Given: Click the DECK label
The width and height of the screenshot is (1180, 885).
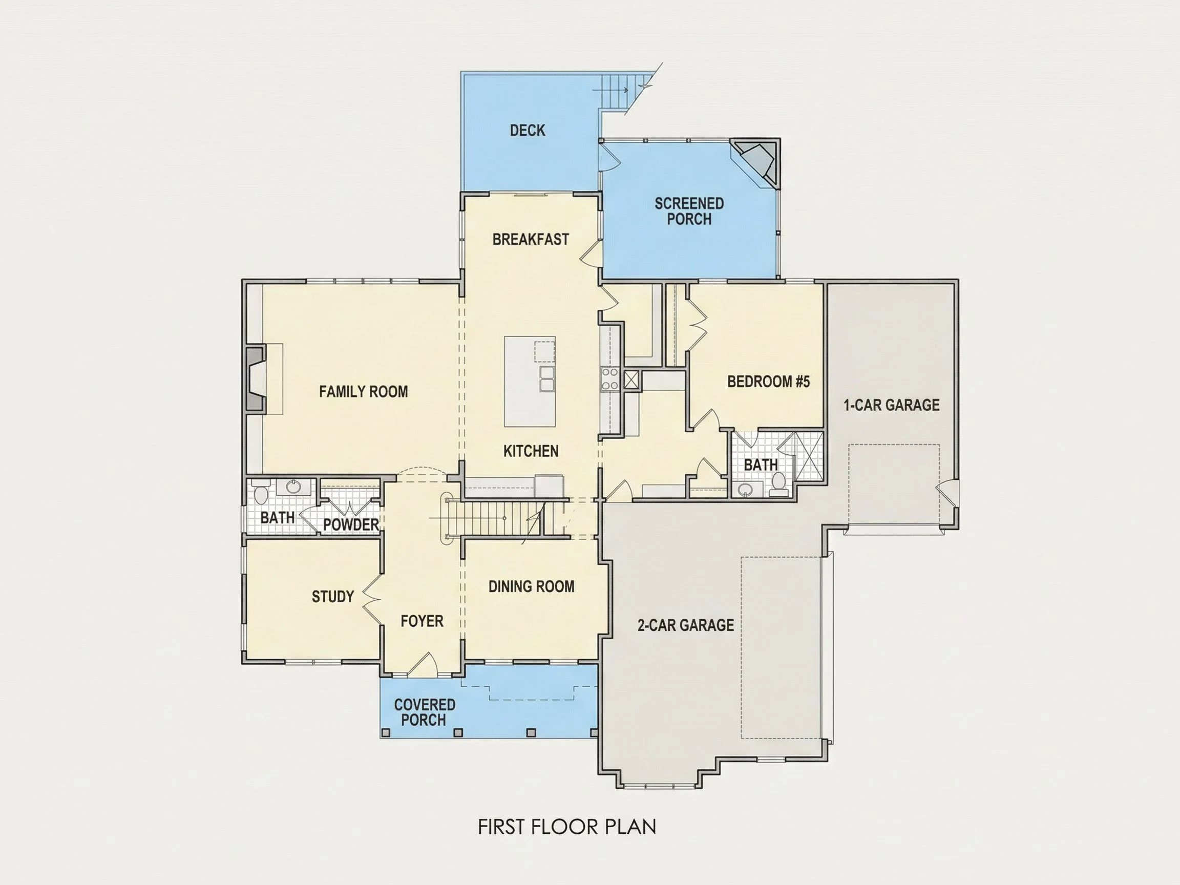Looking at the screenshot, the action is coord(527,131).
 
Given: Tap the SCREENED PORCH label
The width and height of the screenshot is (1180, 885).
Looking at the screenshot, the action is coord(689,211).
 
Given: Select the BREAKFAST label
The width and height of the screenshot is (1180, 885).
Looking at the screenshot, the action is coord(530,240).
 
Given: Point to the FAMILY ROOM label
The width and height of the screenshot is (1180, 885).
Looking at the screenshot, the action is coord(363,392).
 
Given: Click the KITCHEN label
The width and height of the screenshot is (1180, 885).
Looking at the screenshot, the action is coord(531,451).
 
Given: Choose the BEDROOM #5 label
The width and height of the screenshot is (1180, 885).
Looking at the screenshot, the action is coord(768,382).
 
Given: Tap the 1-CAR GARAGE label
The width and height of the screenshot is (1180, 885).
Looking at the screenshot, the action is coord(891,405).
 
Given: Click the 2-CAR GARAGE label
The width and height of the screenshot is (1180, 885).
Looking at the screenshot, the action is coord(685,625).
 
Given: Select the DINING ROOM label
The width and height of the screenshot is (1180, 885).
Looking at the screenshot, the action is coord(531,587).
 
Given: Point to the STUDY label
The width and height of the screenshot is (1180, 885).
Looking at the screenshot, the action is coord(333,596).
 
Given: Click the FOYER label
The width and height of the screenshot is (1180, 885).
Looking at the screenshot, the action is coord(422,621).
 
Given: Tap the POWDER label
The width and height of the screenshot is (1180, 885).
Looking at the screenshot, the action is coord(351,525).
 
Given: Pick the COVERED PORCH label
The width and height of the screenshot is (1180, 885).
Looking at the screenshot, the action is coord(424,712).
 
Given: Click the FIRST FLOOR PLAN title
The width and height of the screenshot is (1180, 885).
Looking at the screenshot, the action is coord(567,827).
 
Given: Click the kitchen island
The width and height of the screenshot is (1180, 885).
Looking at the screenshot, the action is coord(530,382).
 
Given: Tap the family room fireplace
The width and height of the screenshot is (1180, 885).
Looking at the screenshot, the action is coord(256,380).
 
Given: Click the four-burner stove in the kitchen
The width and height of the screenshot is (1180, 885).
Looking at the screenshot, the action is coord(610,379).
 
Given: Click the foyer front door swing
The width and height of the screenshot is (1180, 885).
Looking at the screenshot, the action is coord(424,665).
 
